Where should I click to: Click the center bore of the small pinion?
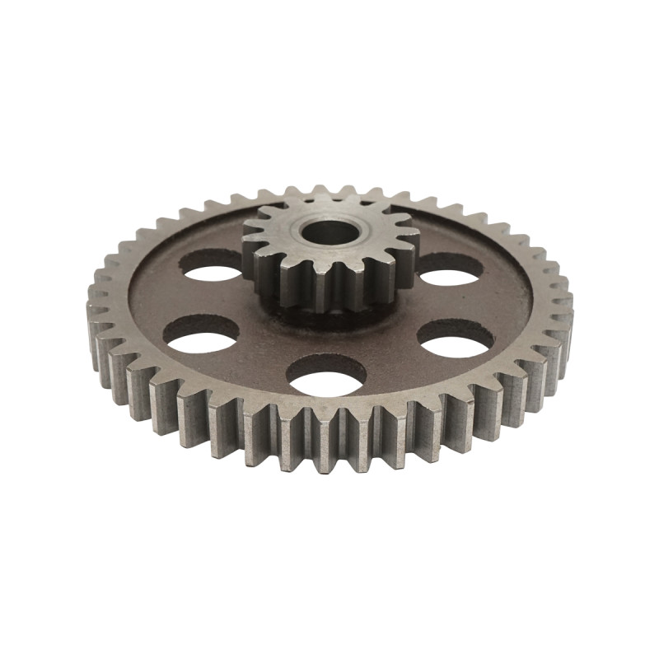click(329, 232)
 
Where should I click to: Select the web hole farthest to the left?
click(201, 333)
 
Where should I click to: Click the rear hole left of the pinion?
click(211, 266)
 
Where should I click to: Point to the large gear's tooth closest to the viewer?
click(329, 437)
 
